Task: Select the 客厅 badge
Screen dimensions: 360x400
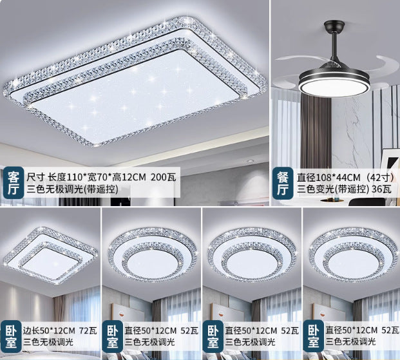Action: (12, 182)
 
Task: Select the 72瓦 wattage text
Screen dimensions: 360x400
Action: (86, 329)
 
